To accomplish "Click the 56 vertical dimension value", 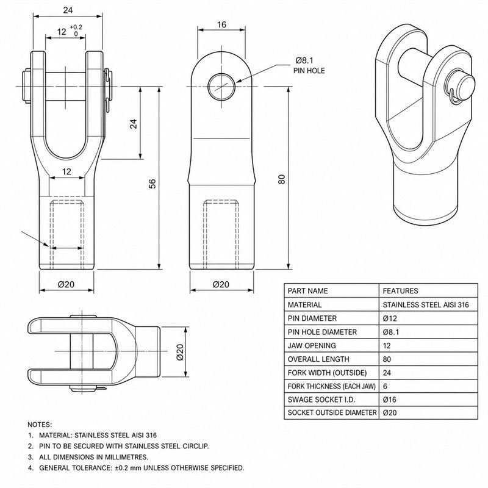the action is pos(152,184).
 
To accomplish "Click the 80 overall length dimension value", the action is pos(281,179).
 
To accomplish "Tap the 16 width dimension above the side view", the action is pos(221,24).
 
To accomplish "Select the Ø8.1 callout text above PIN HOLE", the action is pos(304,60).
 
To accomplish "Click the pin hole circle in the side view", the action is pos(221,87).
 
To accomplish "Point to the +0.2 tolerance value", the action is pos(76,27).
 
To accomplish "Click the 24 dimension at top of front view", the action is pos(68,10).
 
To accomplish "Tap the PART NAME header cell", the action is pos(308,291).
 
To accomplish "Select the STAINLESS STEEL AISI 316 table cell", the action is pos(426,304).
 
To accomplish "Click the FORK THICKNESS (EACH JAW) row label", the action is pos(331,386).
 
